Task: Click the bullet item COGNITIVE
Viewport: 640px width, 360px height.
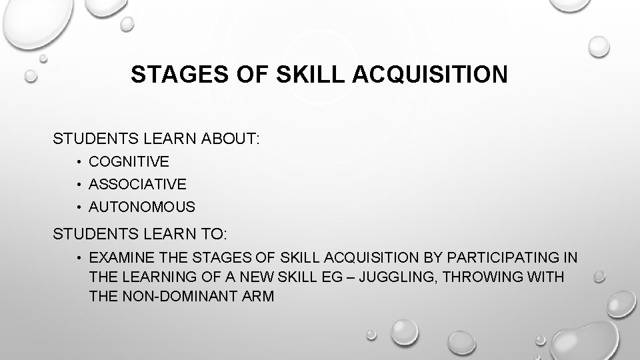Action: (x=129, y=161)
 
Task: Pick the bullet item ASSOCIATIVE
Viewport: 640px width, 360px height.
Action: (x=137, y=184)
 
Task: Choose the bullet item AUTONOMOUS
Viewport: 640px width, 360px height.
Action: (x=142, y=207)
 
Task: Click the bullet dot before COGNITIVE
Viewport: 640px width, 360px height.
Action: (x=79, y=162)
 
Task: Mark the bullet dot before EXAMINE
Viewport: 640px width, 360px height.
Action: (x=79, y=258)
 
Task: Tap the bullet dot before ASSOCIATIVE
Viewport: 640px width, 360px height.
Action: (x=79, y=185)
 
